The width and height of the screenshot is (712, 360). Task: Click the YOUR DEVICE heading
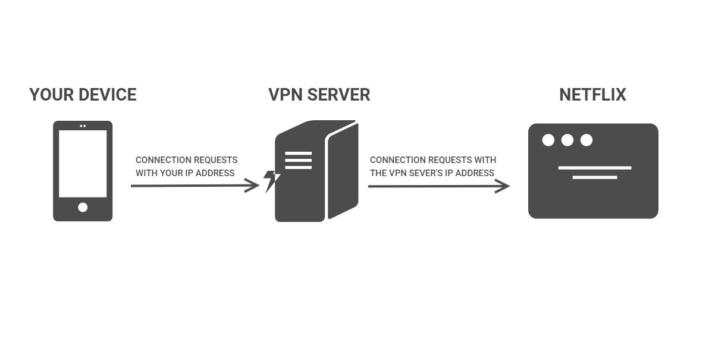coord(83,95)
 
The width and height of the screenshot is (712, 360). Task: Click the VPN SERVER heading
coord(319,95)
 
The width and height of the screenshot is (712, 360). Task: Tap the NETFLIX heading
coord(592,95)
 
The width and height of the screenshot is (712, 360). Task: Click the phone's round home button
coord(83,207)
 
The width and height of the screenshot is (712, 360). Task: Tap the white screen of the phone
coord(83,164)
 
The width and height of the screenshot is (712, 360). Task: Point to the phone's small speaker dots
coord(83,126)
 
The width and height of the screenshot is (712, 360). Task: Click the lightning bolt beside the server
coord(271,180)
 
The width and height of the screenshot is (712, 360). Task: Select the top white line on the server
coord(298,154)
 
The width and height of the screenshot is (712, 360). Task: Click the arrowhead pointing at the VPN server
coord(254,185)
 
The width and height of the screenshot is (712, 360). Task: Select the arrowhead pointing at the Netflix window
coord(504,186)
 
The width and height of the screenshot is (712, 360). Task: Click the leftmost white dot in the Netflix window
coord(548,140)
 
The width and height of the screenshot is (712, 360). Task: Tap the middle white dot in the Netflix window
coord(567,140)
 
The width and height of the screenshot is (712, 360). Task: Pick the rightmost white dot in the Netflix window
coord(586,140)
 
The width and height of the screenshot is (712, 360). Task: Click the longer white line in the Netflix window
coord(594,168)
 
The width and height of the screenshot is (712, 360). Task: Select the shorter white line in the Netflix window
coord(594,177)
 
